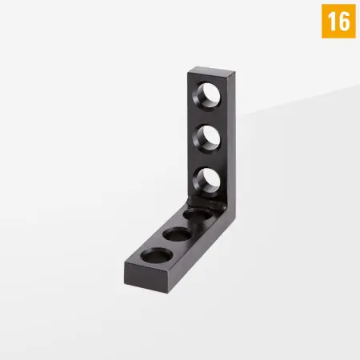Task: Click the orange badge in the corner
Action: pyautogui.click(x=338, y=21)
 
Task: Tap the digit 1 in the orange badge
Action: pyautogui.click(x=331, y=22)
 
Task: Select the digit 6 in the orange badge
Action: pyautogui.click(x=343, y=22)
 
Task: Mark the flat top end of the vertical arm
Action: pyautogui.click(x=211, y=71)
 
